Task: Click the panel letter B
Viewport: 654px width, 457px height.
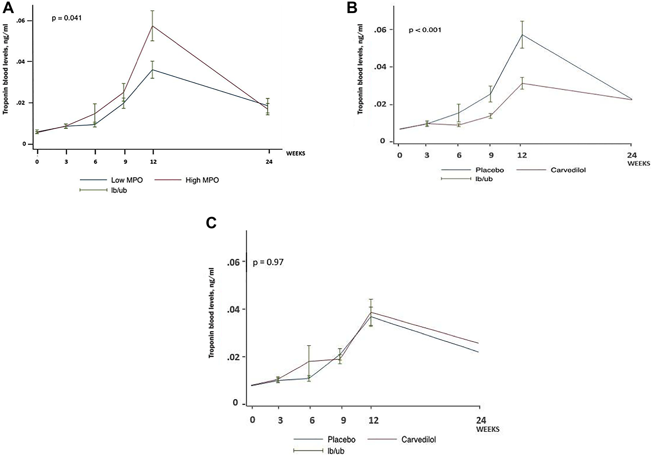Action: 352,8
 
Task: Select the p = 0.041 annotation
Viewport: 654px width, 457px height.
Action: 67,18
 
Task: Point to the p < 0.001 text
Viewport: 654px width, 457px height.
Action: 425,30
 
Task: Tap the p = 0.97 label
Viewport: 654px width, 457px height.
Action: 268,262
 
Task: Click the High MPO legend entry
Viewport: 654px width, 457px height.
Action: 202,180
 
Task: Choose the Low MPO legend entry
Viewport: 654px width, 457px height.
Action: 127,180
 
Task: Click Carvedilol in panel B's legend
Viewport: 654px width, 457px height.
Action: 568,170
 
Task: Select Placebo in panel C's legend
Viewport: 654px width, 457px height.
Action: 341,439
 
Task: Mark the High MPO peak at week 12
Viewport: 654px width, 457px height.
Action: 153,26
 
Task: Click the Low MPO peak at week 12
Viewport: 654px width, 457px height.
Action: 153,70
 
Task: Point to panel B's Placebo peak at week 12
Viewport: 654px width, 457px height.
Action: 522,35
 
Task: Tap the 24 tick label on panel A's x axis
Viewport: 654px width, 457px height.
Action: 269,162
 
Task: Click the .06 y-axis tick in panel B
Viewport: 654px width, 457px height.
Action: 381,30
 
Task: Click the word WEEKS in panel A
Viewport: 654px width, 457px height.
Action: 296,153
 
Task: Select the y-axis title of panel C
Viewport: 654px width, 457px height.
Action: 212,312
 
